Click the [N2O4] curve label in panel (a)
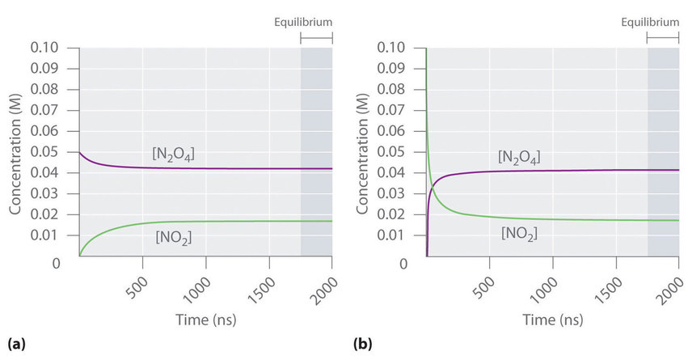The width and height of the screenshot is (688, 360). pos(174,153)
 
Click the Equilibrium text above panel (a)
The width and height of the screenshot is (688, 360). pos(304,23)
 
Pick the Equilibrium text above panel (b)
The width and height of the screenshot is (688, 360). pos(651,23)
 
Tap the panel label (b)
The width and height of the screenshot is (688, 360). pos(363,344)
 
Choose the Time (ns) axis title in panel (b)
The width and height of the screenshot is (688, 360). pos(552,320)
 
